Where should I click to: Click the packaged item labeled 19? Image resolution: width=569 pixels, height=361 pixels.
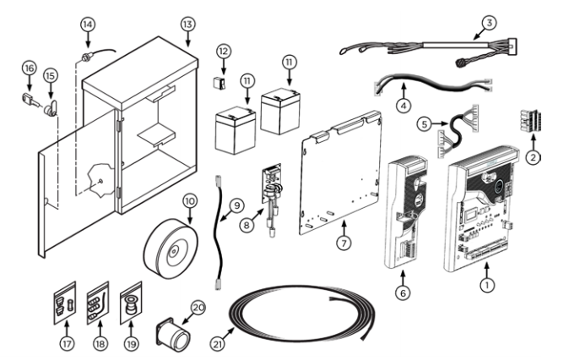point(130,304)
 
